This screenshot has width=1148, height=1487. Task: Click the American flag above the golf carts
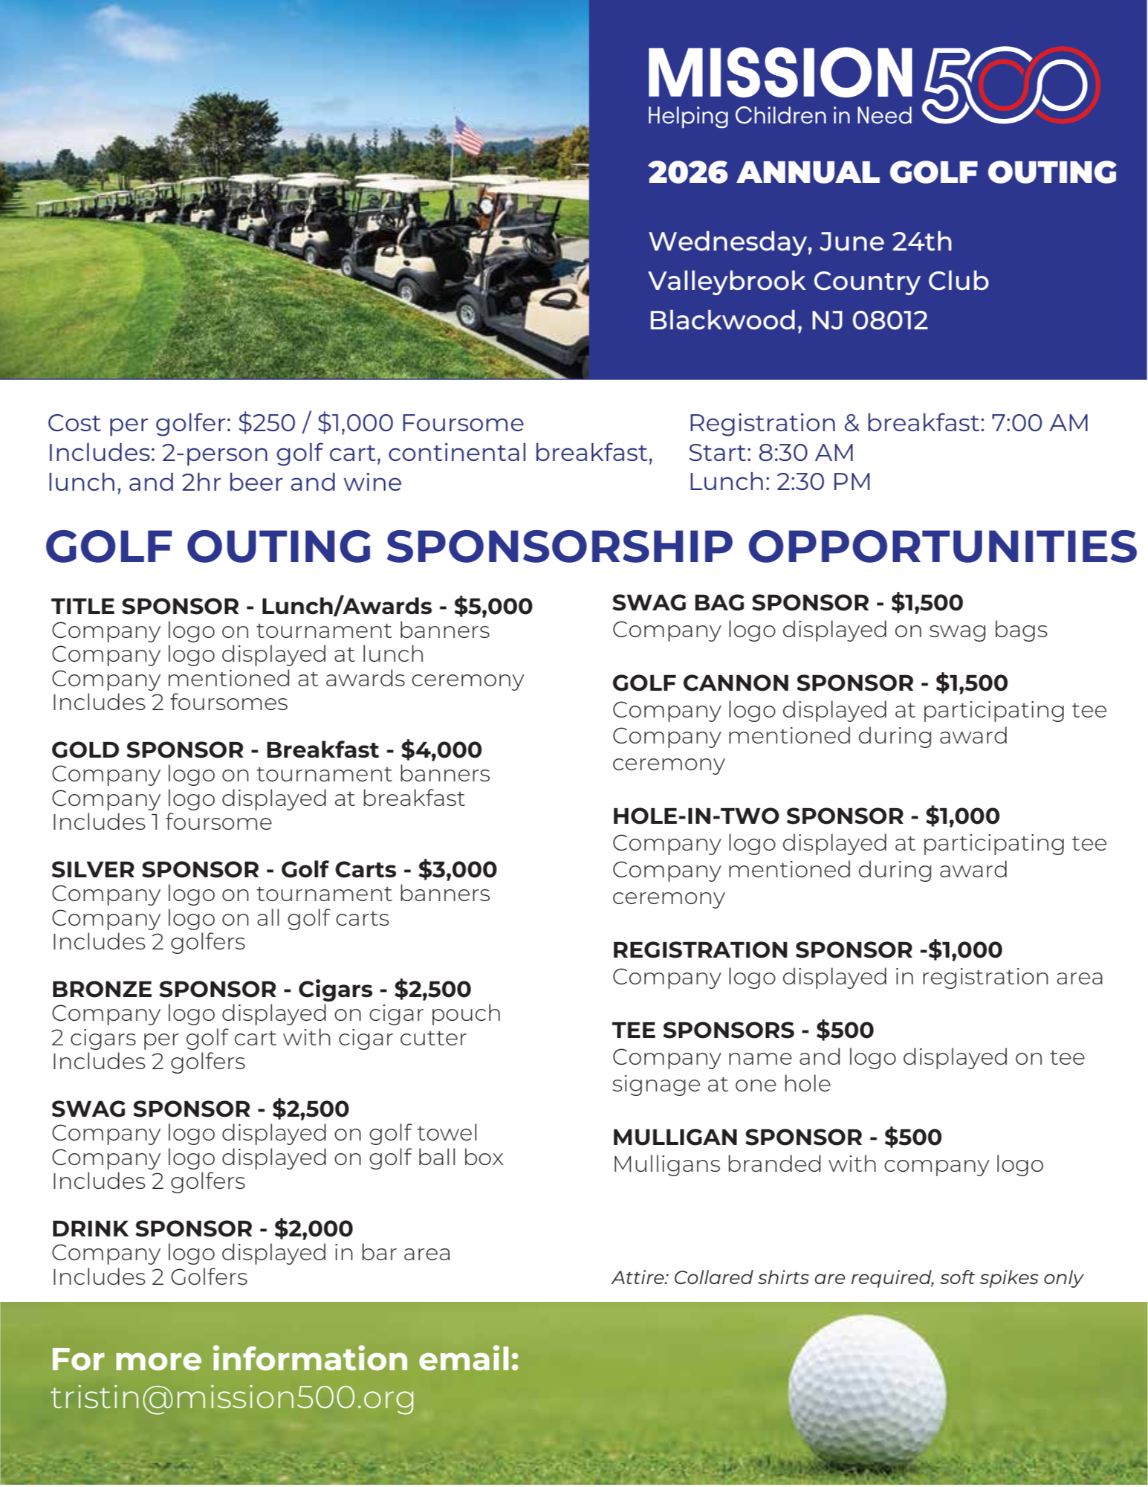[469, 136]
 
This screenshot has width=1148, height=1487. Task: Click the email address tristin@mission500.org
[233, 1398]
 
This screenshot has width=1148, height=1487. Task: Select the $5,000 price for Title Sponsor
[493, 606]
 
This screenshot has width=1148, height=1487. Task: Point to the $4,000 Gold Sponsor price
[441, 749]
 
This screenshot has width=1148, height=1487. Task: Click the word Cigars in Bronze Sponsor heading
[335, 989]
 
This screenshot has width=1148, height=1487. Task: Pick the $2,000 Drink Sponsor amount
[314, 1228]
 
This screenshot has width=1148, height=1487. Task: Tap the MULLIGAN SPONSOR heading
[737, 1137]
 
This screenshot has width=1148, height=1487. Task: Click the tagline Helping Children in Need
[779, 117]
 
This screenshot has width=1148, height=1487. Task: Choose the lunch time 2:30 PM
[823, 482]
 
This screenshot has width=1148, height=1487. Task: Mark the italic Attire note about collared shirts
[847, 1277]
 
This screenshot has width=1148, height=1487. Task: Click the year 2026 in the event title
[687, 172]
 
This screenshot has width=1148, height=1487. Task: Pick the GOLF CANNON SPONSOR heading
[763, 683]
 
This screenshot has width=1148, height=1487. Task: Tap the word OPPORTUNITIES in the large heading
[941, 546]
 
